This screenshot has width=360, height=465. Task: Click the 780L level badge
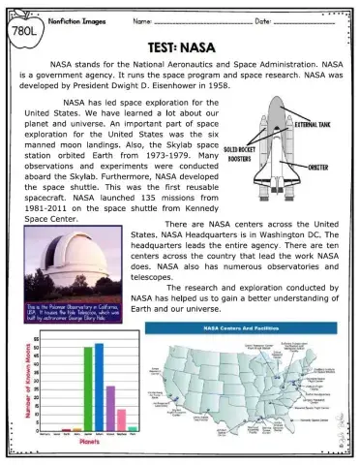coord(22,30)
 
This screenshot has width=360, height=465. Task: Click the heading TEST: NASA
coord(179,46)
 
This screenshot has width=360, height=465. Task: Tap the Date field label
coord(259,19)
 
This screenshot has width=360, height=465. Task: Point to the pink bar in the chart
coord(121,418)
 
